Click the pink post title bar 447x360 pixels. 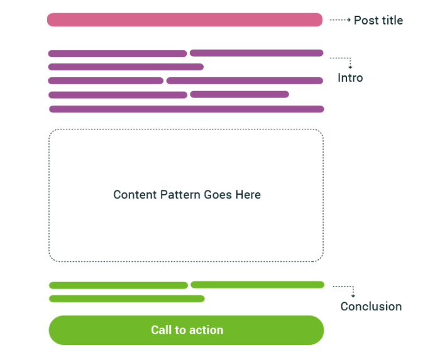(184, 19)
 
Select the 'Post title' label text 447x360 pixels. (378, 21)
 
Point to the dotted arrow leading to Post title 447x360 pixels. (339, 20)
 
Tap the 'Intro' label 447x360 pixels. (350, 79)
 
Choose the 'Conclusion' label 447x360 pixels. (371, 307)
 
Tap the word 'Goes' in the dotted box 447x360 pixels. (218, 195)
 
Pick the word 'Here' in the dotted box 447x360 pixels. (248, 195)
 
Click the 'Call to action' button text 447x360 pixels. (187, 330)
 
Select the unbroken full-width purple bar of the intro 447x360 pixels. (186, 109)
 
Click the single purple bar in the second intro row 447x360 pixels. (126, 67)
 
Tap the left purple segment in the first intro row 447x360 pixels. (118, 53)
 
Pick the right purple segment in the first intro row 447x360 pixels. (257, 53)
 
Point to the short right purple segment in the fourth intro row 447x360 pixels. (240, 94)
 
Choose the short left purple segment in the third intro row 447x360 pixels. (106, 80)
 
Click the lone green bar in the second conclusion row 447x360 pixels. (126, 298)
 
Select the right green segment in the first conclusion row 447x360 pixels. (257, 285)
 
